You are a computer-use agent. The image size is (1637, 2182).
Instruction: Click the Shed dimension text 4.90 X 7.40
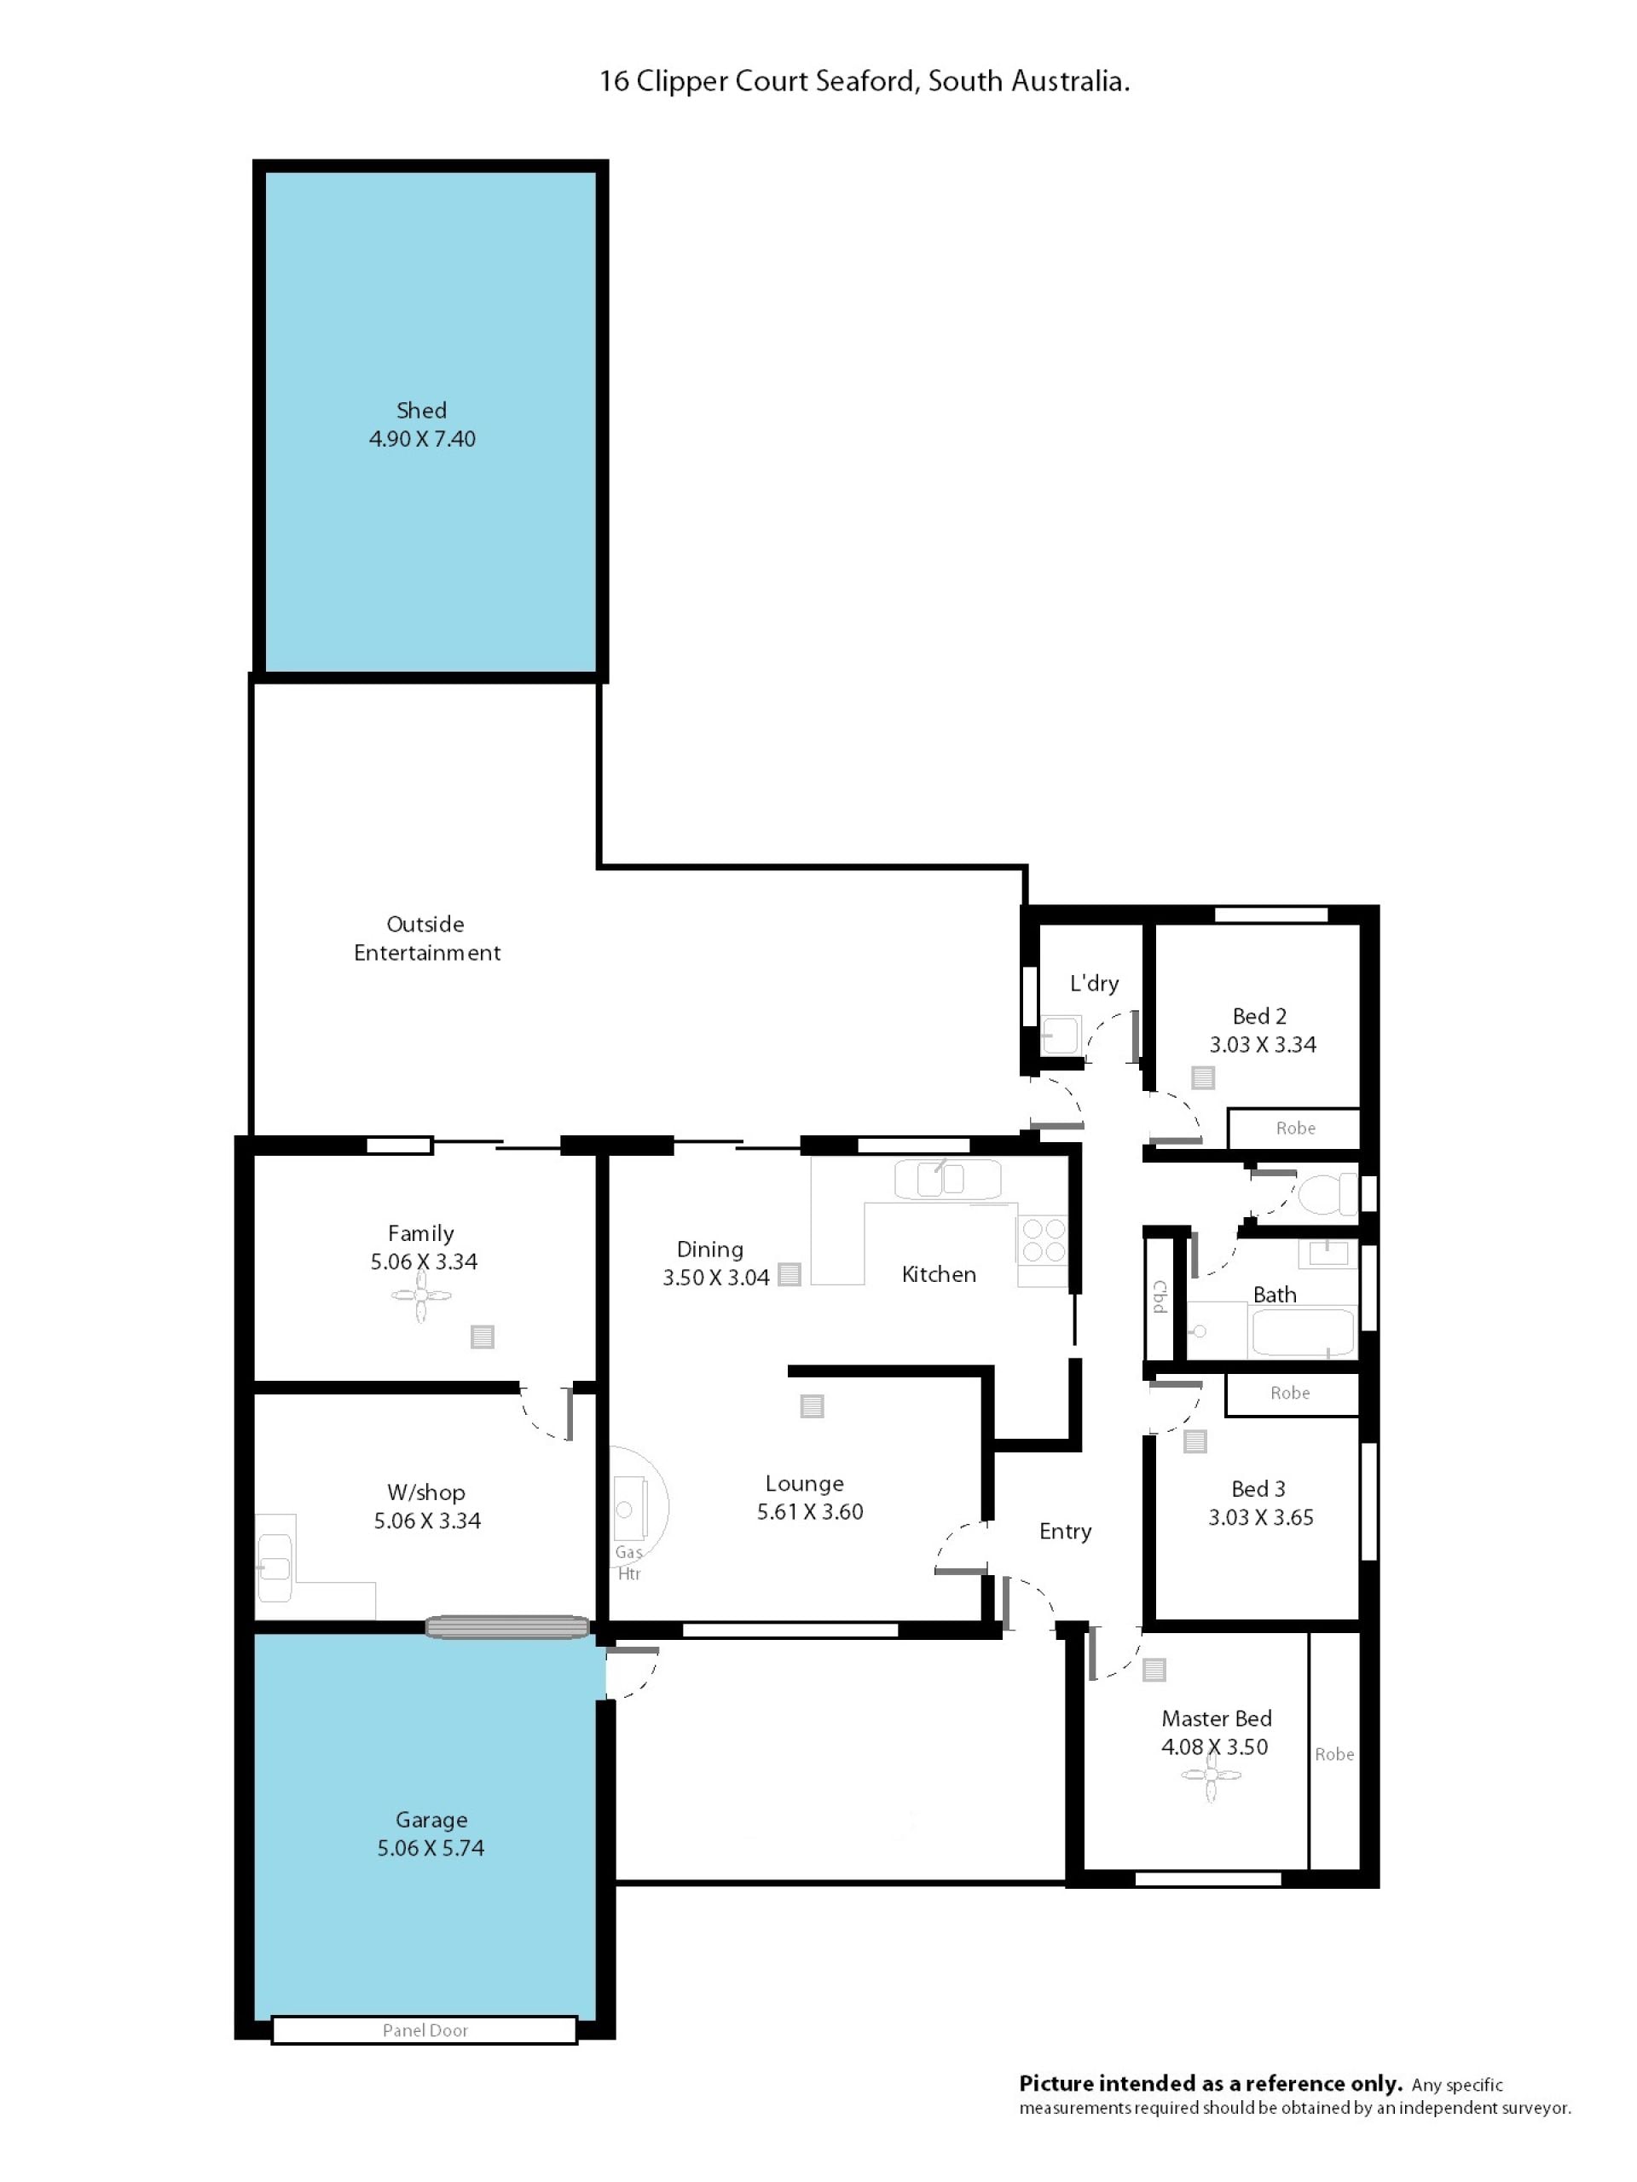(422, 439)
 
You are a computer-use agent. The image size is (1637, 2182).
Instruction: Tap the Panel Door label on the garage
(425, 2030)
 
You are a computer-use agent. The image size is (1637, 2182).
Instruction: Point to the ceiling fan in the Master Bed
(1211, 1775)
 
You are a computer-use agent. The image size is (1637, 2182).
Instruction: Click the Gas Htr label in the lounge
(628, 1562)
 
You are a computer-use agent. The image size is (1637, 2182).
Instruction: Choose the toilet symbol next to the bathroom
(1328, 1193)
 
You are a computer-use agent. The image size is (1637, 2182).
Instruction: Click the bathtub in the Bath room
(1303, 1331)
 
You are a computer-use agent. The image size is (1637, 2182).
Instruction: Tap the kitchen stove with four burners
(1042, 1240)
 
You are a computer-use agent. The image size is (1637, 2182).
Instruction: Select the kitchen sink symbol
(947, 1179)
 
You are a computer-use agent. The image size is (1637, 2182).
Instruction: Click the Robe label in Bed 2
(1296, 1129)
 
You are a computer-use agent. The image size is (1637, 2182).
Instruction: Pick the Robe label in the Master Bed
(1334, 1755)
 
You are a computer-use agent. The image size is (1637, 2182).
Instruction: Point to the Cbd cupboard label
(1160, 1296)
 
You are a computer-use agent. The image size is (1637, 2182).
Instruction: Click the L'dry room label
(1094, 984)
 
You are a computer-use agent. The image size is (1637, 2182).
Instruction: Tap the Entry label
(1065, 1531)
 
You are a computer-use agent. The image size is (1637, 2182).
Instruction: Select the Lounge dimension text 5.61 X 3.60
(810, 1512)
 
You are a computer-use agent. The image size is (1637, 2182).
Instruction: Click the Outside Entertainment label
(427, 938)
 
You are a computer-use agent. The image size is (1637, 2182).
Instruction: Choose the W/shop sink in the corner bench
(275, 1567)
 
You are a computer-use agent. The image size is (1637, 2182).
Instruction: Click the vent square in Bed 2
(1203, 1077)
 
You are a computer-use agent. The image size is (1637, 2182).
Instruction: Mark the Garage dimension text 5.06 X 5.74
(431, 1849)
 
